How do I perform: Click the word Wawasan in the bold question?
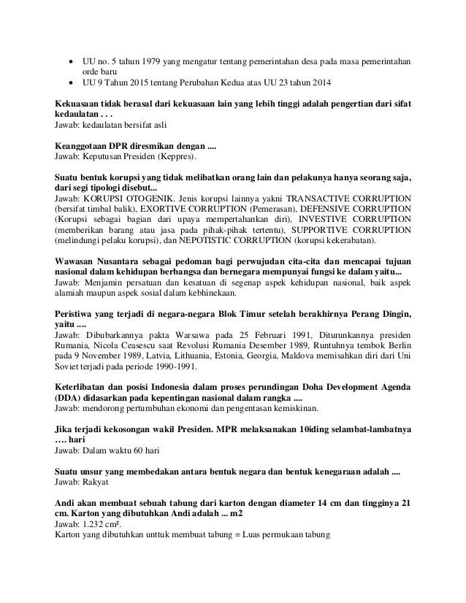point(77,261)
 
